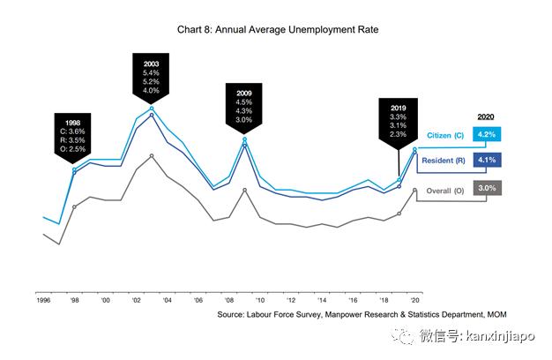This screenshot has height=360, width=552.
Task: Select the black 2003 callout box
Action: [x=152, y=77]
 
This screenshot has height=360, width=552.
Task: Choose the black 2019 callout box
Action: [x=399, y=121]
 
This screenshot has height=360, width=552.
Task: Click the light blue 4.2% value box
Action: [x=487, y=134]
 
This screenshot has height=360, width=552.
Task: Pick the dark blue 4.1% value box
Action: [x=487, y=160]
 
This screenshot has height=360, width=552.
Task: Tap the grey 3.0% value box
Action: [x=487, y=189]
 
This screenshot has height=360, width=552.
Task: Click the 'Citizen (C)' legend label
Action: [x=445, y=135]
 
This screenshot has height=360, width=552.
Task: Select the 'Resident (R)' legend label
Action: [x=444, y=161]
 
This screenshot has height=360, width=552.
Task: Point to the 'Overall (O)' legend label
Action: [x=445, y=190]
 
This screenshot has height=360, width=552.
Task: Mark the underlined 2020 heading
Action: [x=486, y=116]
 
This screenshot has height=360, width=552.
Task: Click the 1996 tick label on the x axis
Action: [x=42, y=300]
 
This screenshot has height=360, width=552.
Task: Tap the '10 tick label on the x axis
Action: [x=261, y=300]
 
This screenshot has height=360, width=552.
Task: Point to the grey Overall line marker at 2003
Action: [x=152, y=156]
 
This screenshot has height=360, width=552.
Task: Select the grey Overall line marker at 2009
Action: [x=244, y=189]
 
